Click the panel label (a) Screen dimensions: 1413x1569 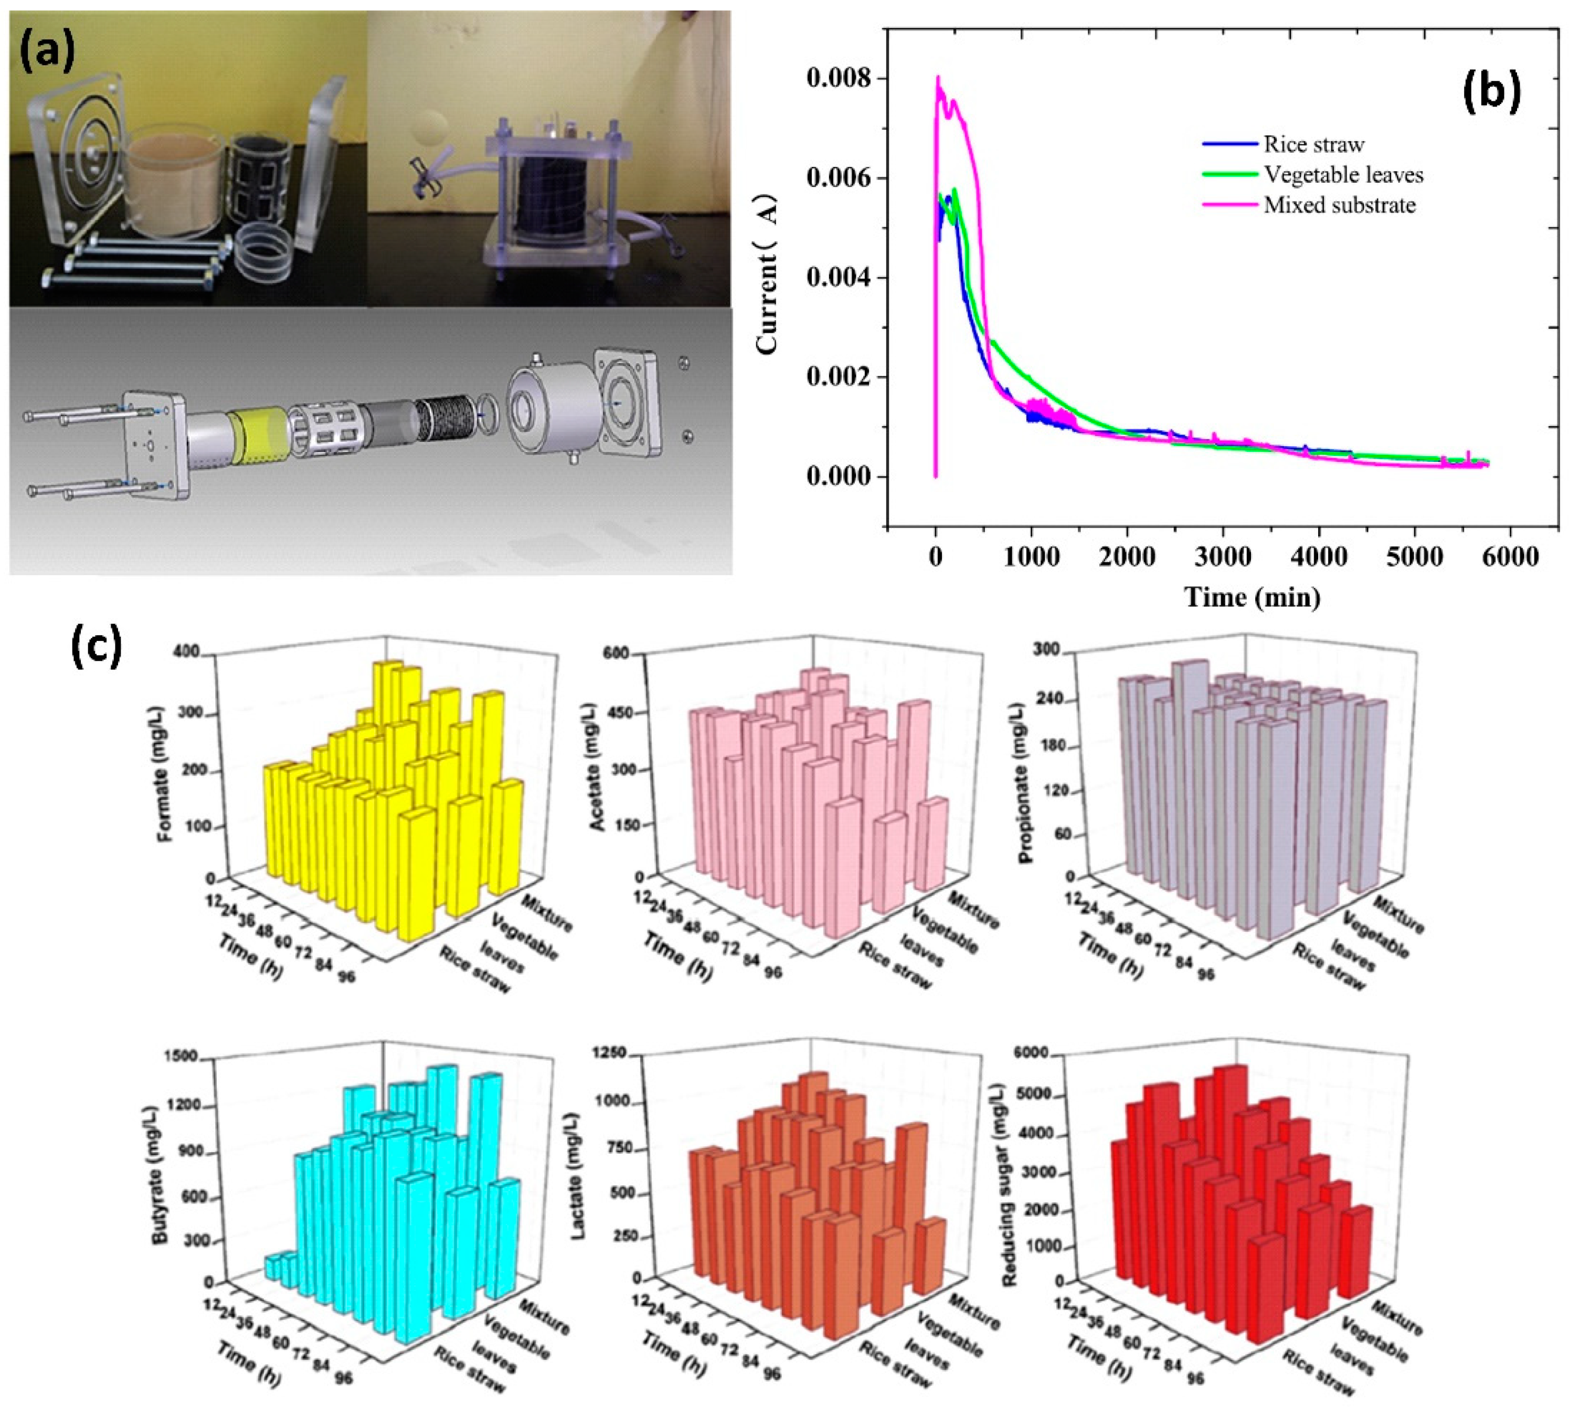(48, 53)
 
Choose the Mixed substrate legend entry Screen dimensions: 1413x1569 (1339, 206)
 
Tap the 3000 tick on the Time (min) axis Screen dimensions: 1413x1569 (1223, 557)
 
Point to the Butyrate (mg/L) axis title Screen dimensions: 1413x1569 (162, 1178)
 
